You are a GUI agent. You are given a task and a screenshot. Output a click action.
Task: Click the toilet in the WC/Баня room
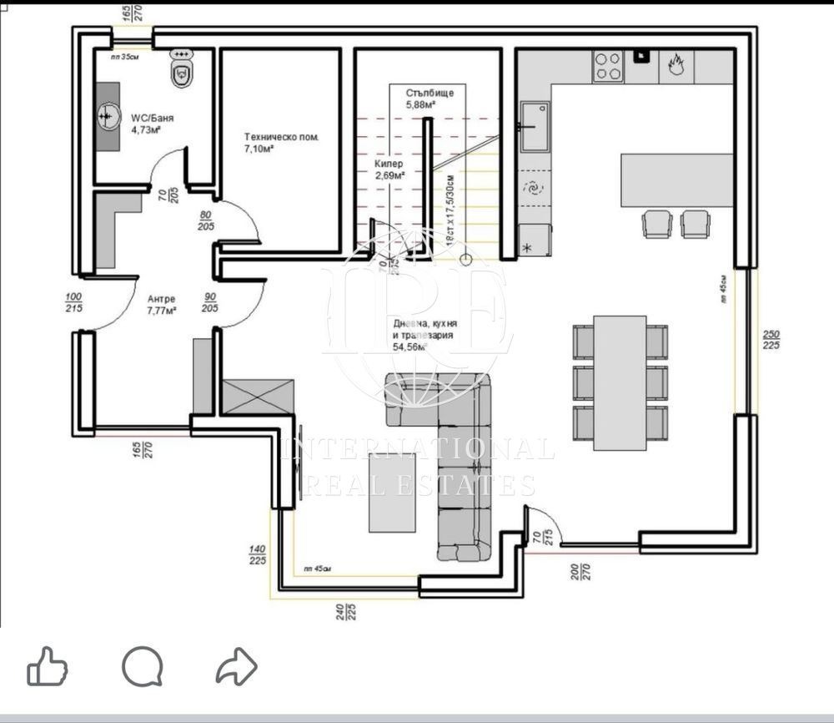[x=180, y=70]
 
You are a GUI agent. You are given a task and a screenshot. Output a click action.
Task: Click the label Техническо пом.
[x=281, y=137]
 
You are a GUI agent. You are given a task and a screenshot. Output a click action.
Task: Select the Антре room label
[x=161, y=299]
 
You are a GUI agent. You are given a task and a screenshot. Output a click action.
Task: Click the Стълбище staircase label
[x=430, y=93]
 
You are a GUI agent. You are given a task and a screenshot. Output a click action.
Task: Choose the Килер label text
[x=389, y=164]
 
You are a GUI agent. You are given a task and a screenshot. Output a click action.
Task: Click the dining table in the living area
[x=620, y=382]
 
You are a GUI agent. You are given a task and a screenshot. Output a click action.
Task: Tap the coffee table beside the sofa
[x=394, y=492]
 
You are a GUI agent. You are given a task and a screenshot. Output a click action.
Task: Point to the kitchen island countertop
[x=676, y=179]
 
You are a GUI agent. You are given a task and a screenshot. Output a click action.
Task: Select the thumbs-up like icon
[x=47, y=668]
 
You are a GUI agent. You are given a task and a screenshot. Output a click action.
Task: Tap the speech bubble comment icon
[x=142, y=667]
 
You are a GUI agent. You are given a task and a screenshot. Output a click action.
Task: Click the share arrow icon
[x=236, y=667]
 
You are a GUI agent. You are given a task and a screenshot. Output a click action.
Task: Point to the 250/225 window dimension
[x=771, y=339]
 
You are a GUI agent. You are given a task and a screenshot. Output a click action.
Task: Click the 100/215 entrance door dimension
[x=73, y=302]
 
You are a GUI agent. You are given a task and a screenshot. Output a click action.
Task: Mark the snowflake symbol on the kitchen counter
[x=526, y=249]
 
